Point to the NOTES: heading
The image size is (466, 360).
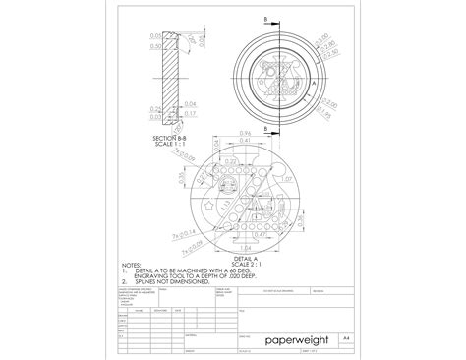(130, 265)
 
